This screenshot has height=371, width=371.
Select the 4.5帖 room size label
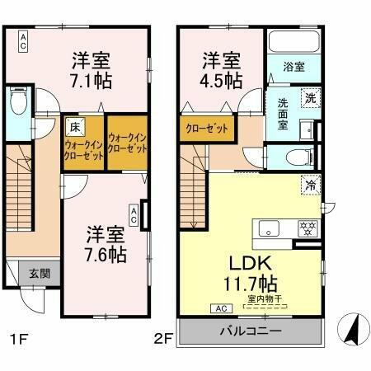[222, 80]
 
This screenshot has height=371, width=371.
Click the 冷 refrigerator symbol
[311, 185]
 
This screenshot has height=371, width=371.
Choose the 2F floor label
[164, 338]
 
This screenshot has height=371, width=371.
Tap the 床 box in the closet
[73, 127]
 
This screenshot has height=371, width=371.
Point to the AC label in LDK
[220, 308]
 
